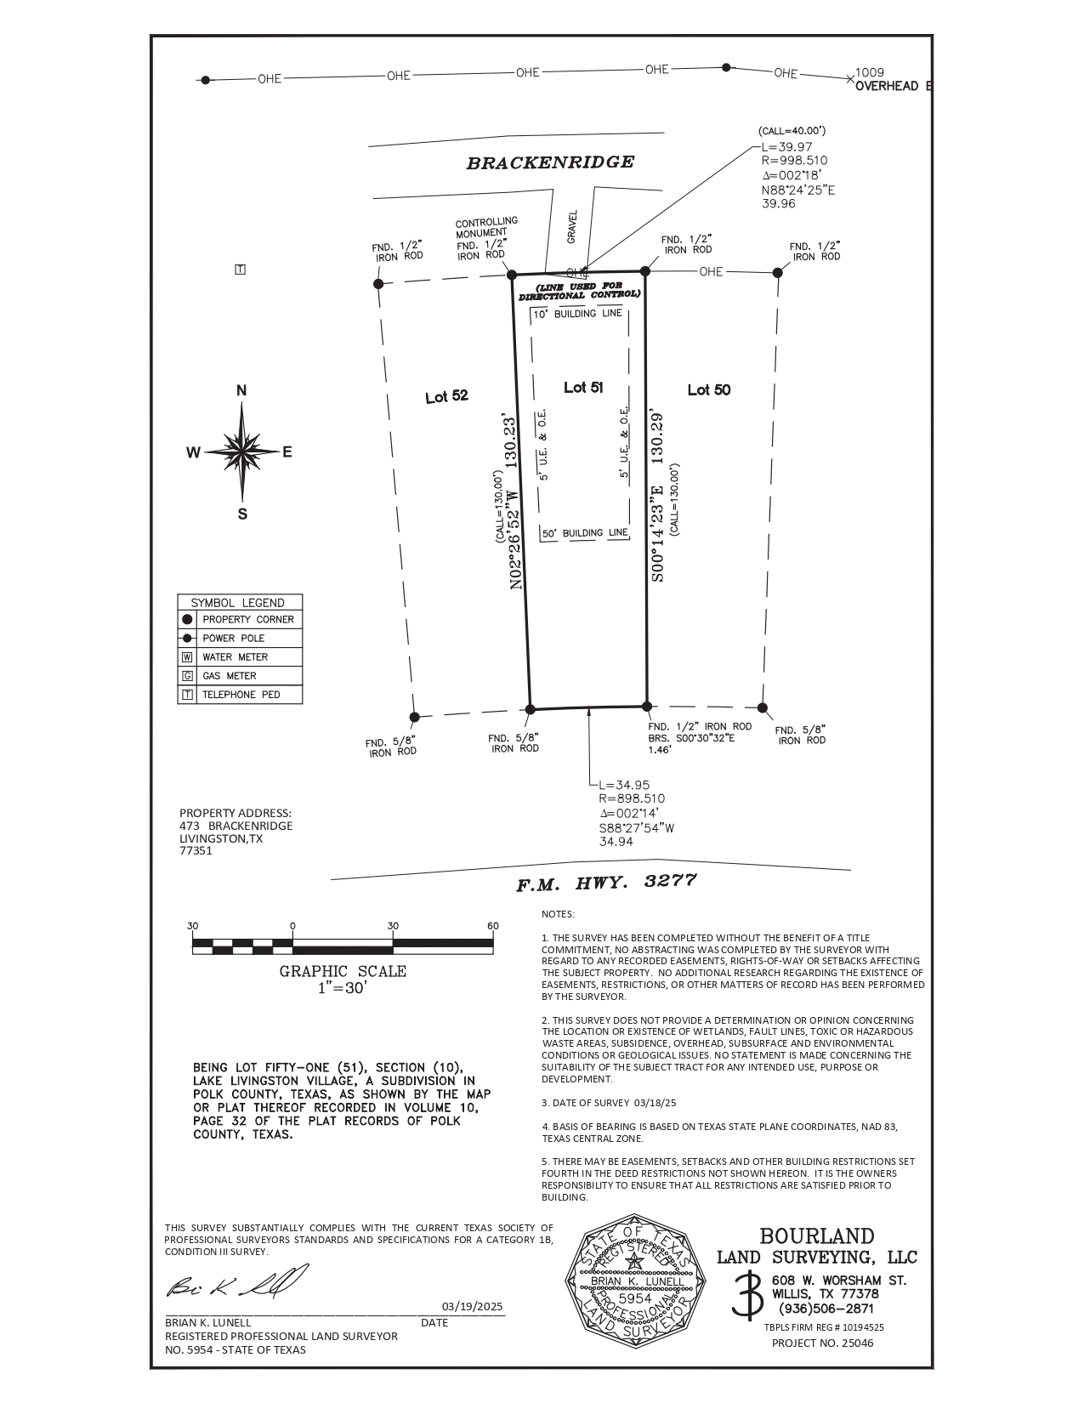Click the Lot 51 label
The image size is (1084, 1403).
click(x=583, y=388)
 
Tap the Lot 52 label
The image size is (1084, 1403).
click(x=446, y=397)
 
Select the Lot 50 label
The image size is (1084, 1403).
click(x=708, y=390)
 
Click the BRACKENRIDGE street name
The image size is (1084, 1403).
click(x=550, y=162)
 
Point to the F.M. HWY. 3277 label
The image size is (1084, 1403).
click(x=606, y=883)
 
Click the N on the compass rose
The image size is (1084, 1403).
click(x=241, y=391)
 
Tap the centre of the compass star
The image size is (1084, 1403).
click(x=242, y=451)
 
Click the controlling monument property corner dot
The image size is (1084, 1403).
click(x=512, y=275)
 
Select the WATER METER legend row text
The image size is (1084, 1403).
click(x=235, y=657)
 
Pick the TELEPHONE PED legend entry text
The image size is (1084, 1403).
click(x=241, y=695)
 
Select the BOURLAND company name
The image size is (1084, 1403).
click(x=816, y=1236)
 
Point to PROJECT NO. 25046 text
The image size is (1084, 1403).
click(x=822, y=1343)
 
